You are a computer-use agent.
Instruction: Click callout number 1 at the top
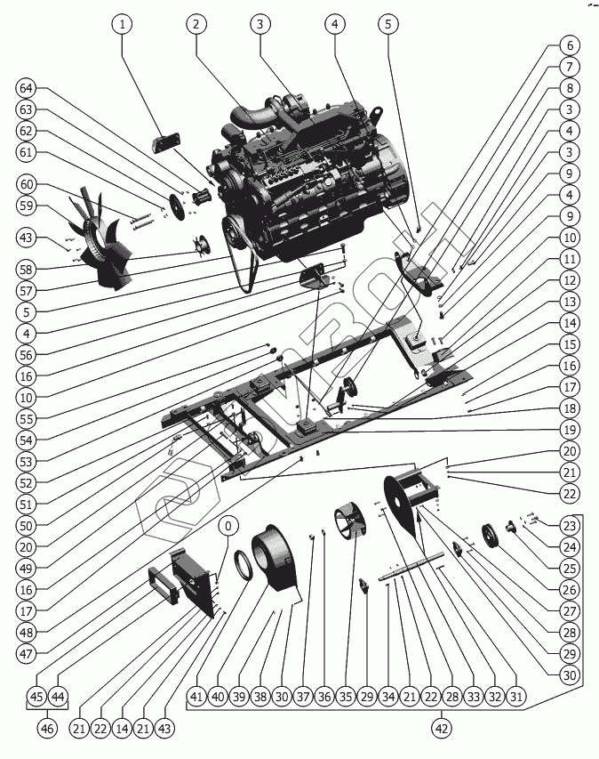coord(122,24)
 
